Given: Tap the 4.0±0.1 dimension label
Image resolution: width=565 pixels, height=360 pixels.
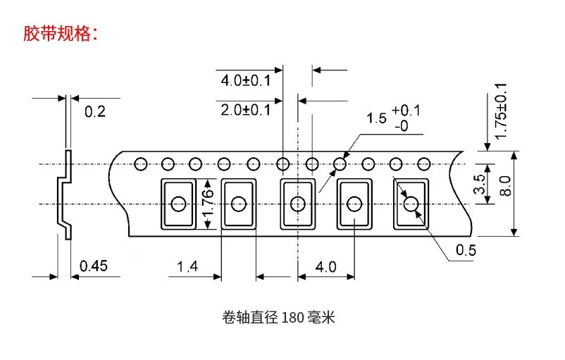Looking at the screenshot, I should pos(245,80).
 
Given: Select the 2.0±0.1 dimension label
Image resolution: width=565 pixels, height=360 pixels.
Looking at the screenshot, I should pos(245,109).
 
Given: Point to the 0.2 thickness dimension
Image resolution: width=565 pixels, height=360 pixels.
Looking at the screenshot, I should pos(94,111).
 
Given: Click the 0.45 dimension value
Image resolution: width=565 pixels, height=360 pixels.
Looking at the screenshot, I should pos(94,266).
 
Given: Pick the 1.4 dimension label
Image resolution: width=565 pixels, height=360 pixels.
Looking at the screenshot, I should pos(187,266).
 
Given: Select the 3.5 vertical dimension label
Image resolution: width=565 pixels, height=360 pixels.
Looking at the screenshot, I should pos(479,185).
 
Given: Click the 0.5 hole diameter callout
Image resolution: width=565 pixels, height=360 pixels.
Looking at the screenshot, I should pos(466,250).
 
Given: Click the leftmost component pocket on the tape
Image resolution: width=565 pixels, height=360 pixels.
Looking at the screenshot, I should pos(180,204).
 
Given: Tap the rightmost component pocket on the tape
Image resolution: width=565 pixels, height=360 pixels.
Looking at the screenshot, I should pos(411,204).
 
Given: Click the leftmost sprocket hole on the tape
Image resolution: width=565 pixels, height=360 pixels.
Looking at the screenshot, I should pos(140,164).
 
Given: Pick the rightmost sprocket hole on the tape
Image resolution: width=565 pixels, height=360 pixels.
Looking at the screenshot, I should pos(423,164).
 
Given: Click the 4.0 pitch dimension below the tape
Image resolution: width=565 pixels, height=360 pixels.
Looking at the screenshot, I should pos(326,266).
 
